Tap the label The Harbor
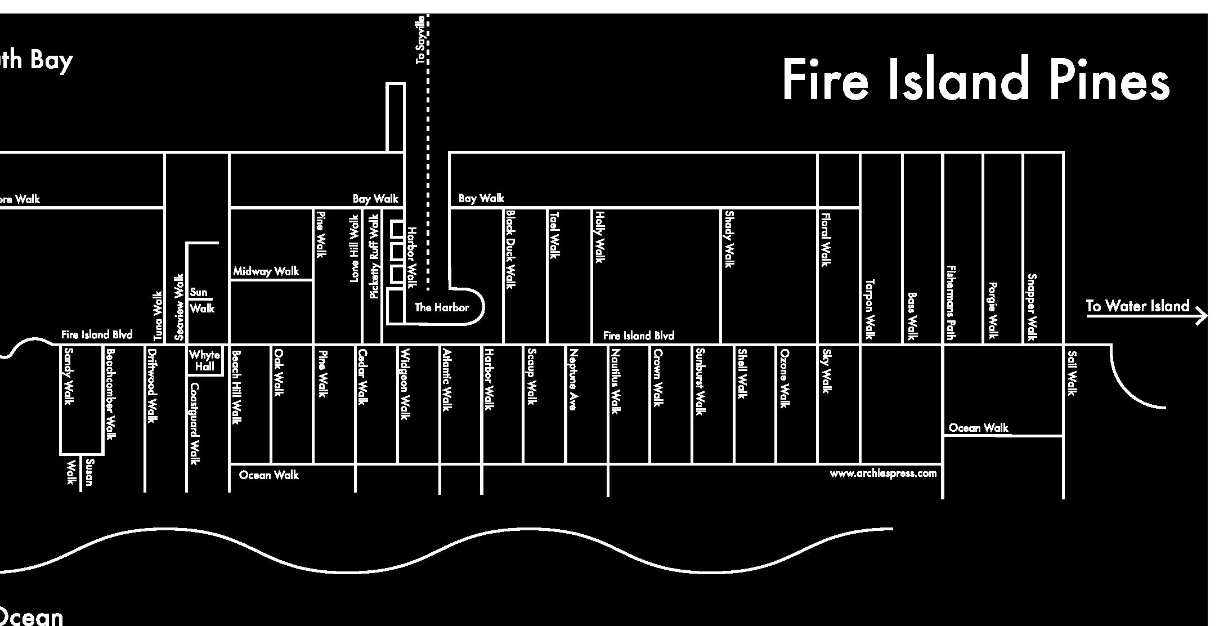point(441,307)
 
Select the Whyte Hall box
point(205,360)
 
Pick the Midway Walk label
point(266,271)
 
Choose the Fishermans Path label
point(951,303)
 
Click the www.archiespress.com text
point(883,473)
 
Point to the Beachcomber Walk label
point(110,394)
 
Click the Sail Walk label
point(1072,373)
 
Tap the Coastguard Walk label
point(195,423)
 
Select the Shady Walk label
point(729,239)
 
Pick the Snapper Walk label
point(1032,307)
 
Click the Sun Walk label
point(201,300)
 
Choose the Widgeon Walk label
point(404,384)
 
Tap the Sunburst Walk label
point(700,381)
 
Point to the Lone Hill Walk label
point(354,248)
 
